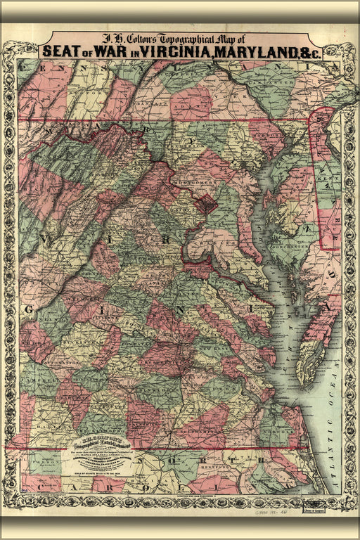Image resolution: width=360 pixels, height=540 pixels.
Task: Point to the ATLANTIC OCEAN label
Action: point(331,422)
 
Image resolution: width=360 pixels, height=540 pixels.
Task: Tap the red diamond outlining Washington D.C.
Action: point(205,206)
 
